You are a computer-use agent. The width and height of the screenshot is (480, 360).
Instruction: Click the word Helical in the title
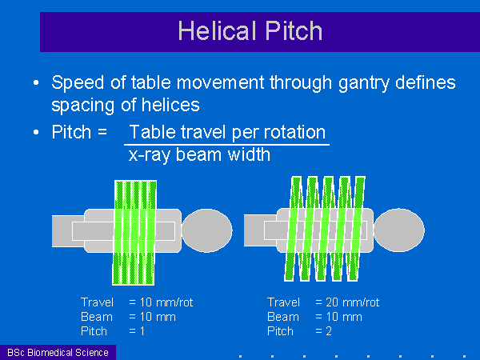[217, 30]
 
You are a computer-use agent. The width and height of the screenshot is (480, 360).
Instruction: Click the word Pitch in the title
[294, 30]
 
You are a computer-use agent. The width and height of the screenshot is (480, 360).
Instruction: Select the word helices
[170, 105]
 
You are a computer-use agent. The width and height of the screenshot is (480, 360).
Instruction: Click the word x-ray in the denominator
[149, 155]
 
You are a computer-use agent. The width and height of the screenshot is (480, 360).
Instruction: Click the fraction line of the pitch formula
[226, 144]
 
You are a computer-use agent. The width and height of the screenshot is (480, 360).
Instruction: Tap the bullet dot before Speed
[36, 82]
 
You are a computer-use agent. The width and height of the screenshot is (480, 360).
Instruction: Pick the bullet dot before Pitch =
[36, 132]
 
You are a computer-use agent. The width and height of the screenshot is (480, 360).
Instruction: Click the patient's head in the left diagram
[207, 230]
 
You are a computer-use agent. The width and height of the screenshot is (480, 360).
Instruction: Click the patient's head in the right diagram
[399, 230]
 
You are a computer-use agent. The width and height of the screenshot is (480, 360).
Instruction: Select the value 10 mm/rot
[166, 302]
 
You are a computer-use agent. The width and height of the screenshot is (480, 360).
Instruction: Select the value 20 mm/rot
[353, 302]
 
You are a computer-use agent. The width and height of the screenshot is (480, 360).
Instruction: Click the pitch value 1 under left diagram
[142, 331]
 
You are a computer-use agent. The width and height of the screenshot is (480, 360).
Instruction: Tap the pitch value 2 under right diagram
[329, 331]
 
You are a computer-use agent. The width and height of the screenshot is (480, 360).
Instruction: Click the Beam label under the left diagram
[97, 317]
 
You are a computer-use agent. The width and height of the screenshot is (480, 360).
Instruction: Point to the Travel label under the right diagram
[283, 302]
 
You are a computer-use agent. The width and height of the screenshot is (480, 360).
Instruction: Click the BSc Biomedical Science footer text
[58, 353]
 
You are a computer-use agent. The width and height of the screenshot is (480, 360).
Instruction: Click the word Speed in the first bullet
[78, 83]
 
